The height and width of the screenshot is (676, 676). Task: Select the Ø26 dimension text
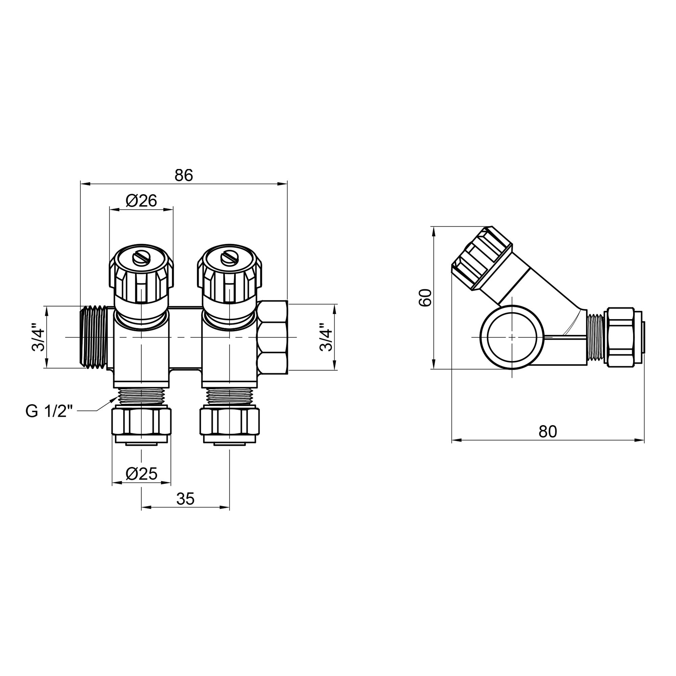point(141,201)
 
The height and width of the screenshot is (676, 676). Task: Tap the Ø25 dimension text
point(141,474)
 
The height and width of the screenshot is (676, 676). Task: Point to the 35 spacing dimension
point(185,499)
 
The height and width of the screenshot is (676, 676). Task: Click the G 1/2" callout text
point(49,411)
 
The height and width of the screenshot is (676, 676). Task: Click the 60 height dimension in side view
point(426,298)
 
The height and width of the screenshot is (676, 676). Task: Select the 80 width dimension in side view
point(548,432)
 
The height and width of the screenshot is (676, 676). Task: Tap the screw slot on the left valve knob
point(141,259)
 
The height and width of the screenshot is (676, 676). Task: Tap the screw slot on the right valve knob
point(229,259)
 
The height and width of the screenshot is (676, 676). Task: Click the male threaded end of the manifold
point(94,337)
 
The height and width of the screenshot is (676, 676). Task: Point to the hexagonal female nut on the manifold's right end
point(272,337)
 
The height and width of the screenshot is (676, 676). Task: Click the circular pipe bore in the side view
point(511,337)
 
